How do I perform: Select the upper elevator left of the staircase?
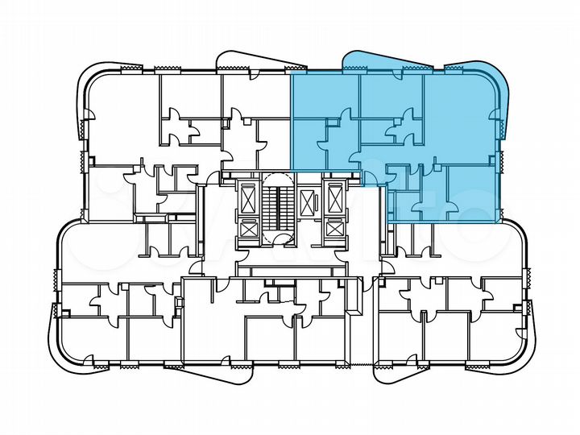[249, 196]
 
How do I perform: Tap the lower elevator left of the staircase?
[249, 228]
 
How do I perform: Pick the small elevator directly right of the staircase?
[307, 201]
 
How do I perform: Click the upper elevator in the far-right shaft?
[333, 196]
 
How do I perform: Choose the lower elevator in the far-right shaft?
[333, 228]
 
